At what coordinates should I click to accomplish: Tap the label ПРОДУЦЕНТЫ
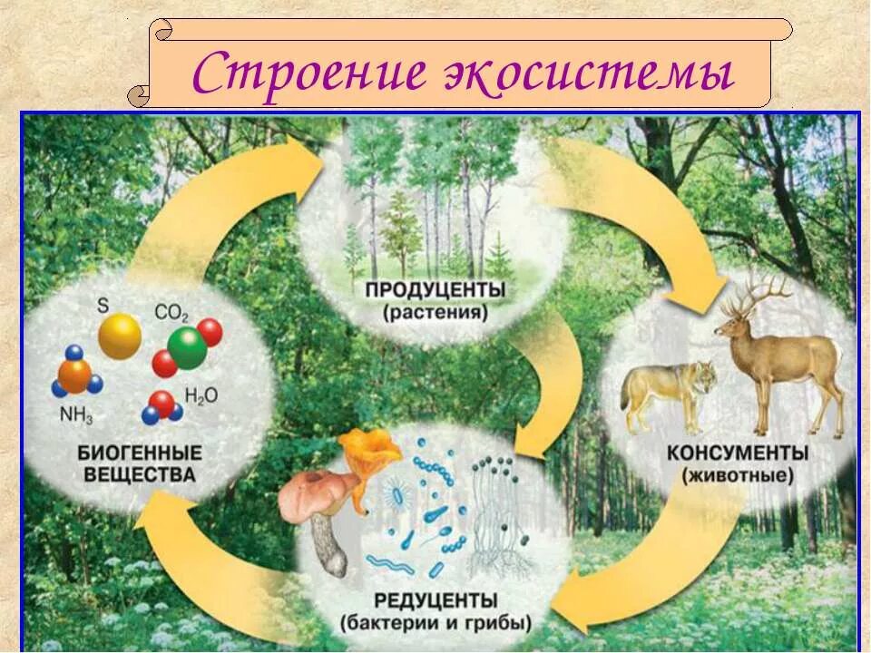tap(435, 292)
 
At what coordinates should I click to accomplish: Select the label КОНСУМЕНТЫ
tap(737, 452)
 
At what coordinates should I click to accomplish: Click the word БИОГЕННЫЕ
tap(140, 452)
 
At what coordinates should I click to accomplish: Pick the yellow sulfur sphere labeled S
tap(120, 337)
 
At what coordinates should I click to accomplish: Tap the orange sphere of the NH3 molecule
tap(74, 375)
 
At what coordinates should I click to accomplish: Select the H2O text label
tap(201, 395)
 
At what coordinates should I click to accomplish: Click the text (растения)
tap(435, 314)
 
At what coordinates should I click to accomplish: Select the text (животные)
tap(737, 474)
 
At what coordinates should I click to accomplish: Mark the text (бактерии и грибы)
tap(436, 623)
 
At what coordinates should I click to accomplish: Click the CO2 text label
tap(171, 314)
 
